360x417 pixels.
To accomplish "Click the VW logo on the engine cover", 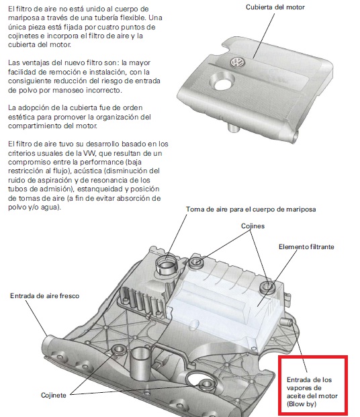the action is point(237,62).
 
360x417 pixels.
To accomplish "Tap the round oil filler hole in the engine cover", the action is point(223,82).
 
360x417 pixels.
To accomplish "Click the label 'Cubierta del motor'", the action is point(275,7).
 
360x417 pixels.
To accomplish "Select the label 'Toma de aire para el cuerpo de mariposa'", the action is point(251,210).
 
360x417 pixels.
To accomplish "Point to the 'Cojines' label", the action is point(253,226).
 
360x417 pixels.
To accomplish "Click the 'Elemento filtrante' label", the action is point(306,247).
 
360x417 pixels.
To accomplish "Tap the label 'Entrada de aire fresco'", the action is point(45,295).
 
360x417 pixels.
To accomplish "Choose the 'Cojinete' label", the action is point(54,396).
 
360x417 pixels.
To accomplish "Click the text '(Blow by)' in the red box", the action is point(302,404).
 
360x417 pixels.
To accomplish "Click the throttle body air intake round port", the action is point(167,263).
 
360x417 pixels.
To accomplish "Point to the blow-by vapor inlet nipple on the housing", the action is point(285,321).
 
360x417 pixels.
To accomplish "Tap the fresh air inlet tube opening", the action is point(48,343).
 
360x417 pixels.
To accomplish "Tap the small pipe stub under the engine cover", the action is point(233,127).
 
